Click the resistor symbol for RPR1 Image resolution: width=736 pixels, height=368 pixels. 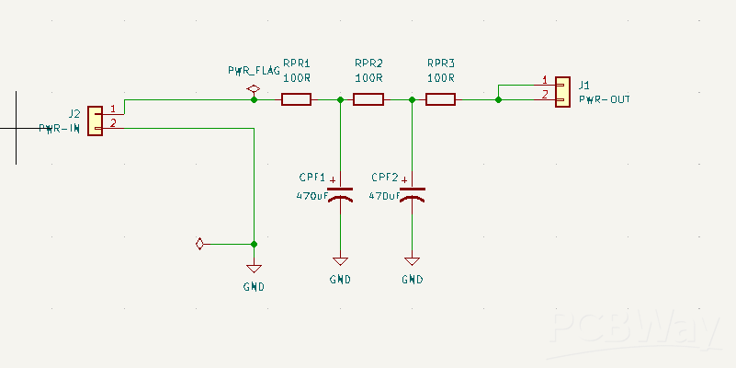tap(296, 99)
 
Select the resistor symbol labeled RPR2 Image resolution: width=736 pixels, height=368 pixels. tap(368, 99)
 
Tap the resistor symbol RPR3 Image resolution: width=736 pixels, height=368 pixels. tap(441, 99)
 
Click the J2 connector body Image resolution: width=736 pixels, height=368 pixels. tap(95, 120)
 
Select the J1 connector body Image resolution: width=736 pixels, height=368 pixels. tap(561, 90)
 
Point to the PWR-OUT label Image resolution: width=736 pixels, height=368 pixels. tap(605, 99)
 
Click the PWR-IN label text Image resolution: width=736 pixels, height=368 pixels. tap(60, 129)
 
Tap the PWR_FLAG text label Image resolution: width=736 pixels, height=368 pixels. tap(255, 71)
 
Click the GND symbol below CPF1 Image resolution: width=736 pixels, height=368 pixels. tap(340, 262)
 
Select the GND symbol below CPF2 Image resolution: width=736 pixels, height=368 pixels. tap(413, 262)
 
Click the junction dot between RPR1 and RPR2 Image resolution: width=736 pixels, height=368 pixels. tap(340, 99)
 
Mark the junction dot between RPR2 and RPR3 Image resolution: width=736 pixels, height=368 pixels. tap(413, 99)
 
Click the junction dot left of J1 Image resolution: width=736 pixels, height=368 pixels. tap(498, 99)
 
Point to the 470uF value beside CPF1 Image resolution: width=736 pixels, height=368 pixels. tap(311, 196)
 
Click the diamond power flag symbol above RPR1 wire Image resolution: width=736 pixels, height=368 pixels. tap(254, 89)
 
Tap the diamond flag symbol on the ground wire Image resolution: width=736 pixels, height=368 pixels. tap(198, 244)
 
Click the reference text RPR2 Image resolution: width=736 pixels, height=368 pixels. tap(368, 63)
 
